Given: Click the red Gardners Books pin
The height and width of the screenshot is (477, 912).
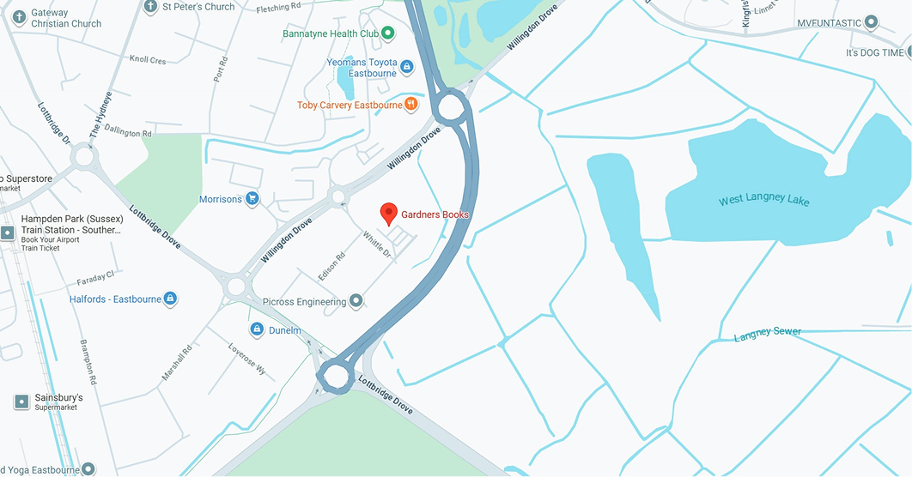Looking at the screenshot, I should (389, 214).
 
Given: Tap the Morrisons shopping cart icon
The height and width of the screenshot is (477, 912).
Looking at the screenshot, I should (252, 199).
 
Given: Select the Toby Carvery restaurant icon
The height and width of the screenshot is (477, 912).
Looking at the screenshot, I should (412, 105).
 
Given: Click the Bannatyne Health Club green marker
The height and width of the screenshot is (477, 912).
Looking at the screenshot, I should (388, 33).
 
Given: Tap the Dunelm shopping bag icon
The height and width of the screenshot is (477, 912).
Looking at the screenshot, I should (256, 329).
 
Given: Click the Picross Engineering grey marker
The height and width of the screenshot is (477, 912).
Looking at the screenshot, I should (356, 301).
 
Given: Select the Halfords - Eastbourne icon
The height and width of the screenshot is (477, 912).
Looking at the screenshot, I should (171, 299).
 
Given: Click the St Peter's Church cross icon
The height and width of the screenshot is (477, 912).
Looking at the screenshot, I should (151, 7).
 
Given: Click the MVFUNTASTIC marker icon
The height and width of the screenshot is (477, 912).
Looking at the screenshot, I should (872, 21).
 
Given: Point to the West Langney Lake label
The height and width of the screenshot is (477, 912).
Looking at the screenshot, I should (763, 201).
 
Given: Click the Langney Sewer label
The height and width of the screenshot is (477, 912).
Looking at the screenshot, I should (767, 333).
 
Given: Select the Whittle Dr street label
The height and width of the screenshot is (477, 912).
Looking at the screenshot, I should (376, 245).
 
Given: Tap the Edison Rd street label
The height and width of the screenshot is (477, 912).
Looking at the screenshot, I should (331, 266).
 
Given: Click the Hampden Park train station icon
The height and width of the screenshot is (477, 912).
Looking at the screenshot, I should (8, 232).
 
